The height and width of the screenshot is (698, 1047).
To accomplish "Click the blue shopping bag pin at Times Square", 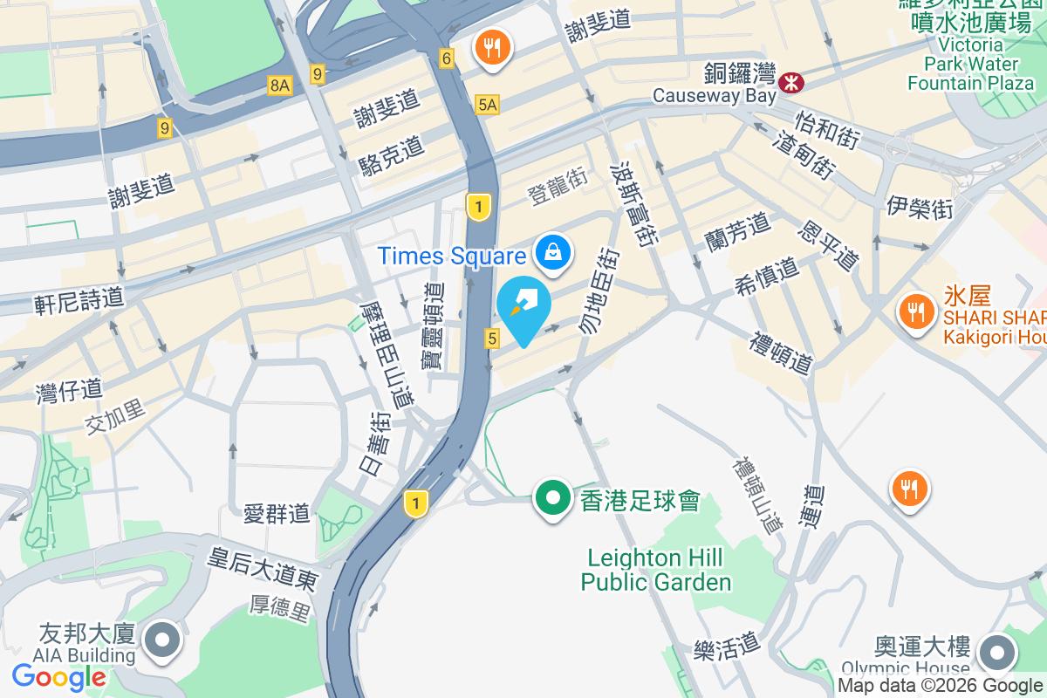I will pyautogui.click(x=553, y=252).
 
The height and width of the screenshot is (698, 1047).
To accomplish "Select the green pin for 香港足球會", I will pyautogui.click(x=551, y=499).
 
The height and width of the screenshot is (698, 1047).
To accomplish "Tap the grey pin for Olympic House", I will pyautogui.click(x=997, y=652).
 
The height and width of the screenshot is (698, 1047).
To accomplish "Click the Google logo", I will pyautogui.click(x=59, y=676).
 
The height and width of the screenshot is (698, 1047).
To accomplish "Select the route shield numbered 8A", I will pyautogui.click(x=279, y=85).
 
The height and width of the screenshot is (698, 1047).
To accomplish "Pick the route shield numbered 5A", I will pyautogui.click(x=488, y=105).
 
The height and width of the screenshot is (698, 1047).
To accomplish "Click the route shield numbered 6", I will pyautogui.click(x=448, y=58).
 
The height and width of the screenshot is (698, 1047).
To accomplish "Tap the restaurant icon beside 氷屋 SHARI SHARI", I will pyautogui.click(x=915, y=311).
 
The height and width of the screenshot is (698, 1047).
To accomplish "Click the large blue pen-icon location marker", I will pyautogui.click(x=523, y=309).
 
